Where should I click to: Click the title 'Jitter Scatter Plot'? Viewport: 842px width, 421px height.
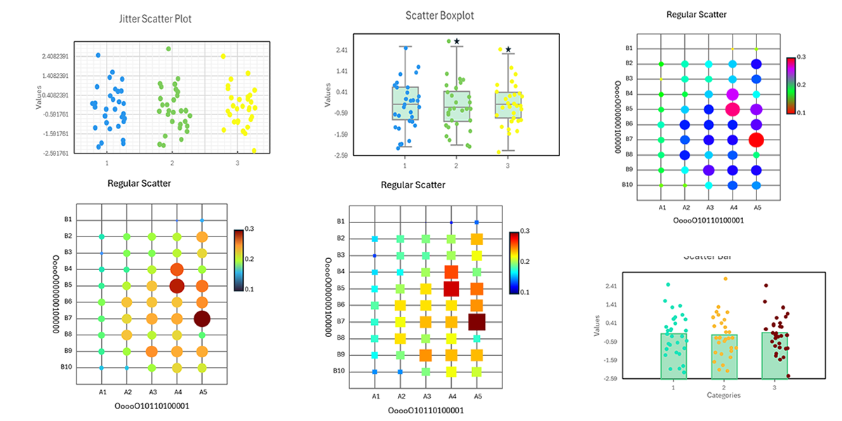(x=155, y=19)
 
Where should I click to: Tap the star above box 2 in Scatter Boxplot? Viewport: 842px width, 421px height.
(x=457, y=41)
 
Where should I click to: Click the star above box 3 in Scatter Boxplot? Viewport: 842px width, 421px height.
(x=508, y=49)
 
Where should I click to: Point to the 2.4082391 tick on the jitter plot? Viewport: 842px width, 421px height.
(x=55, y=56)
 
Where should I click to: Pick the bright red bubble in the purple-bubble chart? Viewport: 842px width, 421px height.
(x=756, y=140)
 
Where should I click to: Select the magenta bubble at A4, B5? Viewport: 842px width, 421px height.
(x=733, y=109)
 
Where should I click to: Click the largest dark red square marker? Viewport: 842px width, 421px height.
(x=476, y=321)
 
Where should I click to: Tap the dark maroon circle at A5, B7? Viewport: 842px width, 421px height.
(x=202, y=319)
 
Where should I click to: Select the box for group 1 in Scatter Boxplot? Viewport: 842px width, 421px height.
(x=406, y=103)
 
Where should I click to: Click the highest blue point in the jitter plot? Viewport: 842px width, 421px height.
(x=98, y=55)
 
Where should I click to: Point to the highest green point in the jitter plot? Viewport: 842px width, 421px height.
(x=168, y=48)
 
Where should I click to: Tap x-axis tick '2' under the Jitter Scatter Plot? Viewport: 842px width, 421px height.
(x=172, y=163)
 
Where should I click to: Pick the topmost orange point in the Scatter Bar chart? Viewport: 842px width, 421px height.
(x=725, y=279)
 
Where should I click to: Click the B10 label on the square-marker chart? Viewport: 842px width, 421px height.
(x=338, y=371)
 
